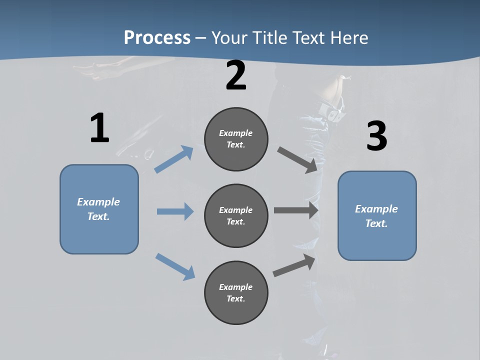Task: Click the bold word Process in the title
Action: (x=157, y=37)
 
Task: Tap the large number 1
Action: (x=99, y=128)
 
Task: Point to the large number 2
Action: (x=236, y=76)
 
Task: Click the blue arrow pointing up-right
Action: (x=174, y=159)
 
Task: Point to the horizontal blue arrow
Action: (x=175, y=211)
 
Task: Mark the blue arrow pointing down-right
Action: (x=175, y=266)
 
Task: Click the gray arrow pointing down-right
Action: (x=297, y=160)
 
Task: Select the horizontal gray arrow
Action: (x=296, y=210)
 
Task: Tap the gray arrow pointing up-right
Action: (x=294, y=265)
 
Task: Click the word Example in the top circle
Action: (x=236, y=133)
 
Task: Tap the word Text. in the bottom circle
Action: (x=236, y=298)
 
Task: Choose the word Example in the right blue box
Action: (x=376, y=209)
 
